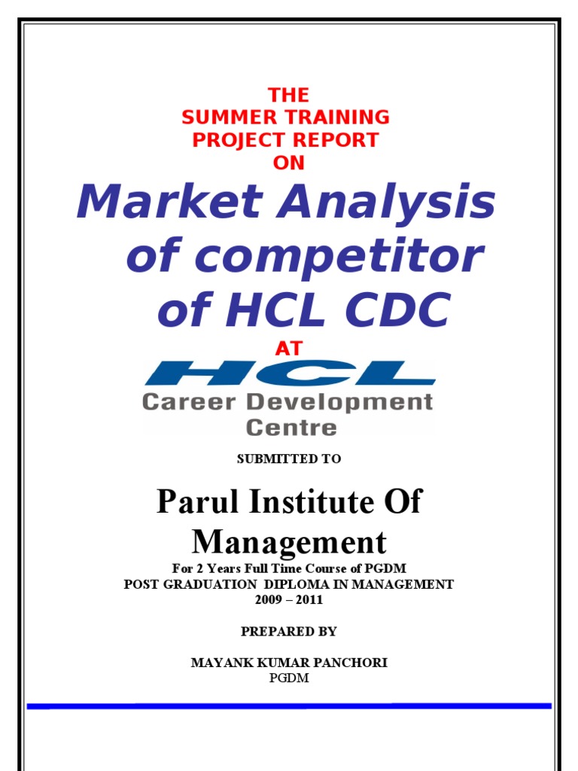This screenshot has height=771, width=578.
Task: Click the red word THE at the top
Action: coord(289,96)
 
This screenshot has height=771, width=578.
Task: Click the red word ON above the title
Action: coord(289,163)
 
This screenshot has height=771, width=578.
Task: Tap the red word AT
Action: coord(289,348)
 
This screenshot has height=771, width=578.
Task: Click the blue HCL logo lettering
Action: coord(289,373)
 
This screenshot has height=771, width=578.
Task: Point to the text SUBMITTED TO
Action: coord(289,459)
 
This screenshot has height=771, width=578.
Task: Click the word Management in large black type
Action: coord(289,541)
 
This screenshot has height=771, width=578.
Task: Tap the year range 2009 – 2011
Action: coord(289,600)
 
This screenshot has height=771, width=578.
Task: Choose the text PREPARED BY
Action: coord(289,631)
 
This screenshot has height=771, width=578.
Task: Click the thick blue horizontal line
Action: coord(289,706)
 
